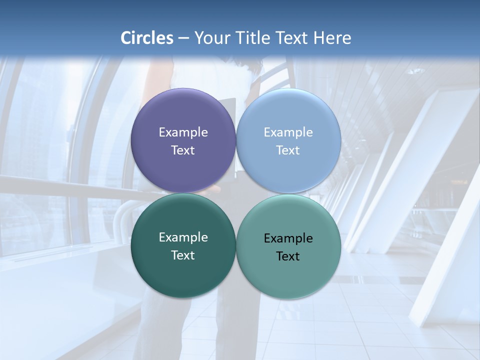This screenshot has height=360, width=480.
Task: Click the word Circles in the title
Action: tap(147, 38)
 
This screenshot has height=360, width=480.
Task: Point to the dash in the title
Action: tap(183, 38)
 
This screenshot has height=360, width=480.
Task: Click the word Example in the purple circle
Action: tap(183, 132)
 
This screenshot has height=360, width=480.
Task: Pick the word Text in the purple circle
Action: tap(183, 150)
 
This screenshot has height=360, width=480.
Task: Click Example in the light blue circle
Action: tap(288, 132)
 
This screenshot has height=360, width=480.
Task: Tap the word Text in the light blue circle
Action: tap(288, 150)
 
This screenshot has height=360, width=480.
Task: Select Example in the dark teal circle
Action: tap(183, 237)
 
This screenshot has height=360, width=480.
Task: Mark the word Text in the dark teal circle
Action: tap(183, 255)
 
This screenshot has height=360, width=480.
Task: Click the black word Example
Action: tap(288, 238)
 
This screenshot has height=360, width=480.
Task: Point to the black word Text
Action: tap(288, 256)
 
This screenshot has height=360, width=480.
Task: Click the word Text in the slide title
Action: tap(292, 38)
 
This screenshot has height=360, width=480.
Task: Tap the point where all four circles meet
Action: tap(236, 193)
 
